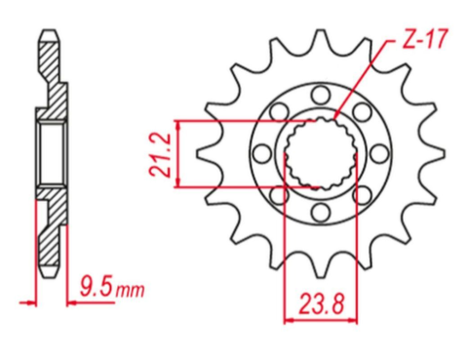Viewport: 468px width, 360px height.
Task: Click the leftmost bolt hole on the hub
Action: (x=259, y=153)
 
